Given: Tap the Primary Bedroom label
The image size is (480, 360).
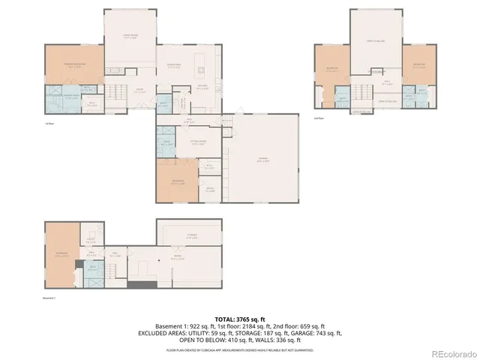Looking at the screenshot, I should tap(73, 65).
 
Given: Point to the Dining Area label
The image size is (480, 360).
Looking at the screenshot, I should tap(174, 67).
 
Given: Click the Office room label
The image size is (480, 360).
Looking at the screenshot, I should tap(211, 189).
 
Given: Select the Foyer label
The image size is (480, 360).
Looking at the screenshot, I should tap(139, 88).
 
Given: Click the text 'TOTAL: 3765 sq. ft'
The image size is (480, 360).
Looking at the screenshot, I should tap(240, 319).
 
